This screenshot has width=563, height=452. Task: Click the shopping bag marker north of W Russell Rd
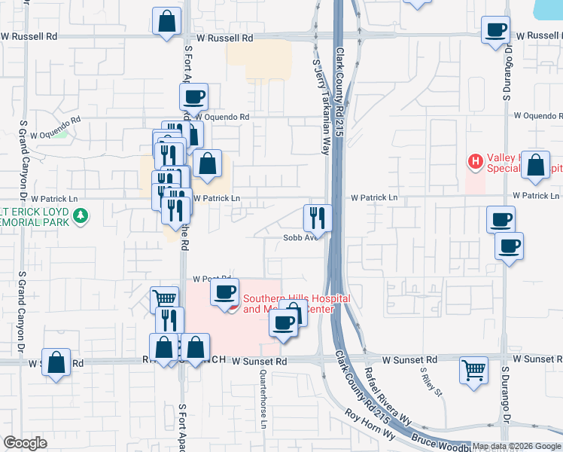pos(167,22)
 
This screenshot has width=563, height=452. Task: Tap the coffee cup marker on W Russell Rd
pos(496,31)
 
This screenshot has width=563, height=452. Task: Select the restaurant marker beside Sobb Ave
pos(318,218)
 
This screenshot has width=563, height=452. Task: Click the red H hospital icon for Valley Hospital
pos(475,160)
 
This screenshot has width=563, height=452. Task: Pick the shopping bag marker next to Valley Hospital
pos(535,166)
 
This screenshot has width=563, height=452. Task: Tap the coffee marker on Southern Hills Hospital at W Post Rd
pos(224,292)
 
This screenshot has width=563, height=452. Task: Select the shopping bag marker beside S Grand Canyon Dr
pos(56,362)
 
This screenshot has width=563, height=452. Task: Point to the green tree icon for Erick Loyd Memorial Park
pos(81,218)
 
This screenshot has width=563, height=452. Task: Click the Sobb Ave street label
pos(297,237)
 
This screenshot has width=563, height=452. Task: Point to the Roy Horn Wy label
pos(370,423)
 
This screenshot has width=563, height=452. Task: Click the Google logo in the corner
pos(26,443)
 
